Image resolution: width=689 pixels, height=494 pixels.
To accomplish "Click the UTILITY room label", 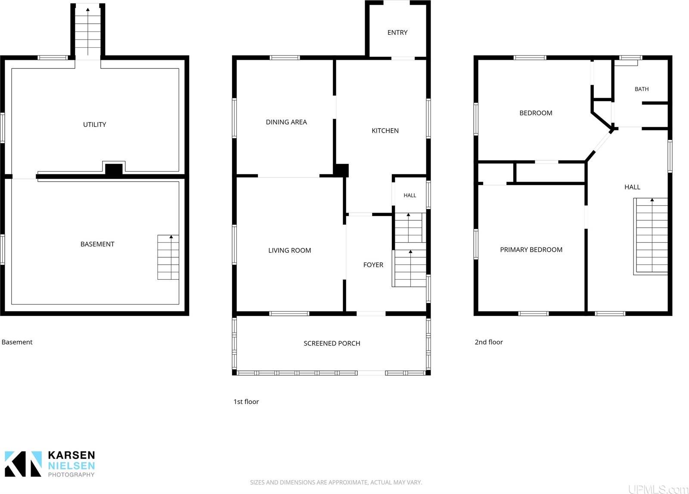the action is click(x=94, y=124).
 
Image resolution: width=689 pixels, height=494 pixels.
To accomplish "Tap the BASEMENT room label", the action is click(x=97, y=244).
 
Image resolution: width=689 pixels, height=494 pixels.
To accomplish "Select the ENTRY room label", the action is click(x=397, y=33).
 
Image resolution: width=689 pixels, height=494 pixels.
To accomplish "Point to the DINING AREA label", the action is click(x=286, y=122).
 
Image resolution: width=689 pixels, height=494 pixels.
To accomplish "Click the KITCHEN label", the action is click(x=385, y=131).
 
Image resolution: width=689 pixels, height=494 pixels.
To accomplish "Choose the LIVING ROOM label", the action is click(x=289, y=250).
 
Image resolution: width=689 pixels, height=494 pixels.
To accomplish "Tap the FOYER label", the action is click(x=373, y=265).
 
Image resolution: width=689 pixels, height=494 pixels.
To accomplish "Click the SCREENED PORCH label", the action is click(x=332, y=343).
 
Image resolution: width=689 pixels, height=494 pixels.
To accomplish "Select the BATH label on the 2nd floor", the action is click(x=642, y=89).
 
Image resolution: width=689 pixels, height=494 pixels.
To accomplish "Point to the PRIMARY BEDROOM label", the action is click(x=531, y=250).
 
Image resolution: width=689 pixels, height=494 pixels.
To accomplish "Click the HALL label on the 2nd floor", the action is click(x=633, y=187).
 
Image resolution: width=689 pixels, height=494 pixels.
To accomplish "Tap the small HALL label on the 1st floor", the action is click(x=410, y=195).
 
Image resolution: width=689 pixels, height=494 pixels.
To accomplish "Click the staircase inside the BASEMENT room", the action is click(x=168, y=257).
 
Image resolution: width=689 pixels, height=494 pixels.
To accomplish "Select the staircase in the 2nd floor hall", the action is click(x=651, y=236).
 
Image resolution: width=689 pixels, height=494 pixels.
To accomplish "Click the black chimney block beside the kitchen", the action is click(x=341, y=170).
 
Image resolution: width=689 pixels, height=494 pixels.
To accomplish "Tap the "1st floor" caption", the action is click(x=246, y=402).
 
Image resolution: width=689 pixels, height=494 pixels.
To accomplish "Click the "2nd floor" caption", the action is click(x=489, y=342).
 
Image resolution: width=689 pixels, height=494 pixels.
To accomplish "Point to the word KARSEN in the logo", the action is click(x=71, y=455).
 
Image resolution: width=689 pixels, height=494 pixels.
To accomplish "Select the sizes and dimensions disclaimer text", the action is click(x=336, y=483).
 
